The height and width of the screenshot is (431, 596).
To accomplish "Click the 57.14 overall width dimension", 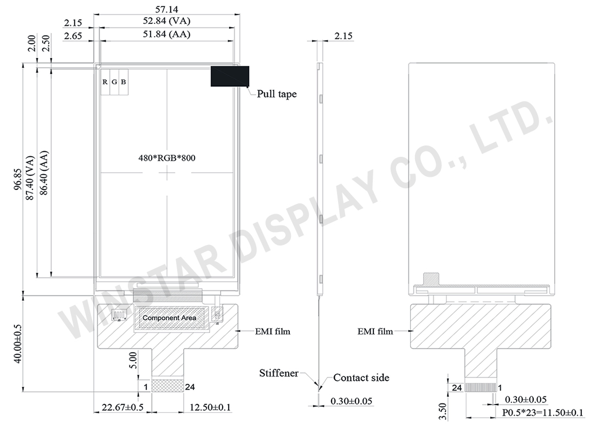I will (167, 9).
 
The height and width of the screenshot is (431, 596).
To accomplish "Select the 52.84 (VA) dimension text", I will (167, 22).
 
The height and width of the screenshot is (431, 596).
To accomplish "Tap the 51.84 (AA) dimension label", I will (167, 35).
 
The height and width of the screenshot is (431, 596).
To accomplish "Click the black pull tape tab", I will (229, 76).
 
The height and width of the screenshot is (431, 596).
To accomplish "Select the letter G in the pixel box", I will (114, 82).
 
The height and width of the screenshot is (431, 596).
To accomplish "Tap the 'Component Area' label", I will (169, 318).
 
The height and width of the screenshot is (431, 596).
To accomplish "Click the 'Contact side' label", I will (361, 377).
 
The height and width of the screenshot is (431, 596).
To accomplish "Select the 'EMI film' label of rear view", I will (376, 331).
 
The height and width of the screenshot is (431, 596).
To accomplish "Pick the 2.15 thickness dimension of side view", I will (344, 37).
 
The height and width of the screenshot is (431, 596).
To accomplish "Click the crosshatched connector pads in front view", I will (167, 386).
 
